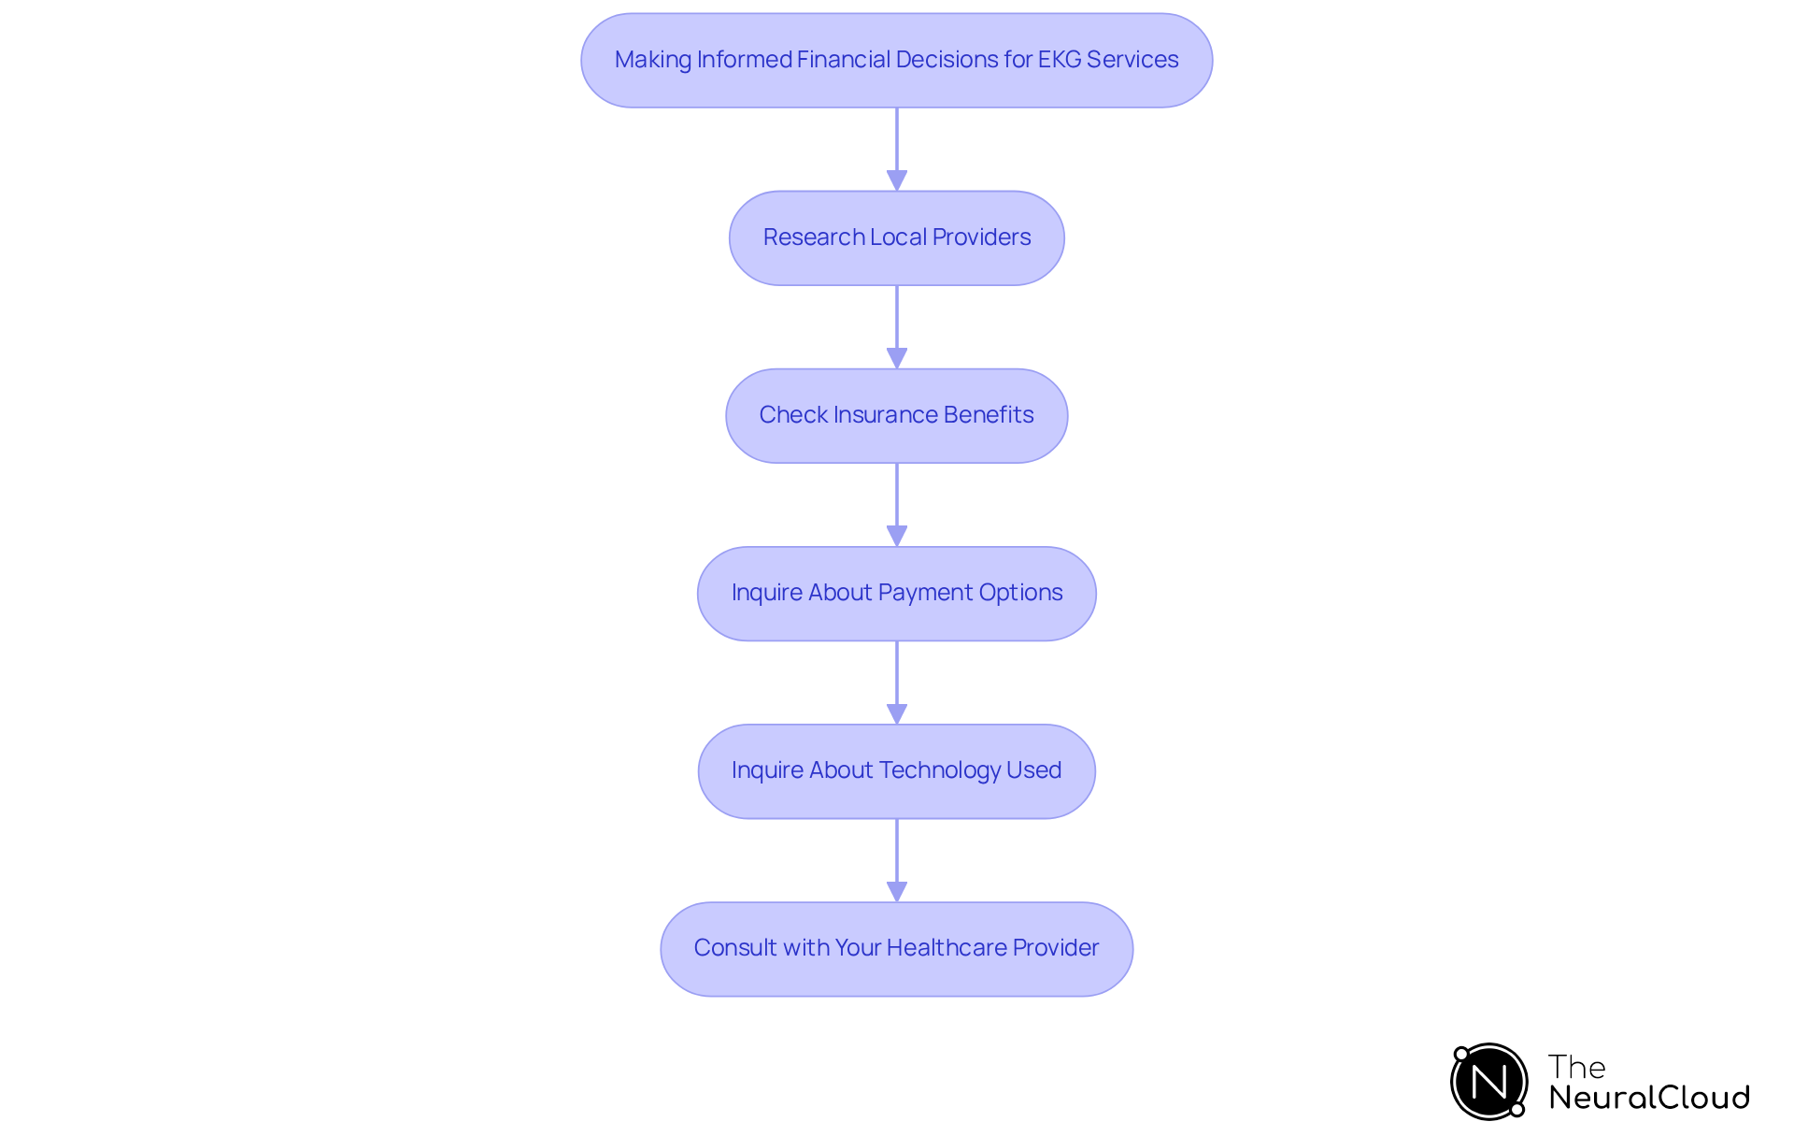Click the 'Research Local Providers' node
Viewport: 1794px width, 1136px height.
click(x=896, y=237)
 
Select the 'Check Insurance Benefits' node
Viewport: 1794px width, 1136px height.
click(x=896, y=415)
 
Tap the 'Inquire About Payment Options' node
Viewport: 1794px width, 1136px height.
click(x=896, y=593)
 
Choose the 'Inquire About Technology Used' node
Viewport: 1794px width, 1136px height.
click(x=896, y=770)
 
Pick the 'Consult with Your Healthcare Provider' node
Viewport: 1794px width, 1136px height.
click(x=896, y=948)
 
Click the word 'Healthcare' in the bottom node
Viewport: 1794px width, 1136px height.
click(x=946, y=948)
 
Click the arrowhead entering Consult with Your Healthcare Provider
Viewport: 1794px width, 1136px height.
click(x=897, y=891)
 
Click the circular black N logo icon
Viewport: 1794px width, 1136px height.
click(x=1488, y=1082)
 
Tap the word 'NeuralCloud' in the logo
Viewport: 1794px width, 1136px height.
click(x=1648, y=1098)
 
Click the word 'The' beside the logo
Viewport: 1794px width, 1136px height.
click(x=1576, y=1067)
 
